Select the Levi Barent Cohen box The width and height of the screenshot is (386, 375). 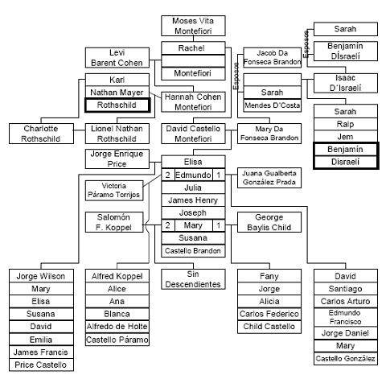point(116,58)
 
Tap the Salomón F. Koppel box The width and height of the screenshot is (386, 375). point(116,223)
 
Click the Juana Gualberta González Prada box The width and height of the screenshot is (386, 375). point(269,179)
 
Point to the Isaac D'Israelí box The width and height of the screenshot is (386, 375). point(344,83)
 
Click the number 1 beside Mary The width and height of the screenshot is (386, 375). point(216,227)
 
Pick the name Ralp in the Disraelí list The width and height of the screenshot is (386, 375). point(344,125)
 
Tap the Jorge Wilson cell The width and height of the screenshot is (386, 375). point(41,277)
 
